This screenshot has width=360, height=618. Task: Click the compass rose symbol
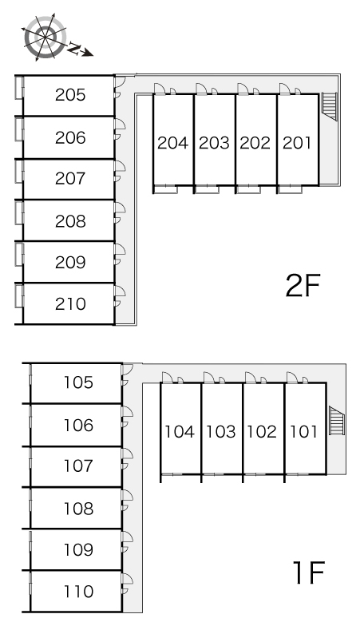(45, 38)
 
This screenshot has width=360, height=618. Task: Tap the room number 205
(70, 95)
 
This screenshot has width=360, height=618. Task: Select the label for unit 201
(297, 143)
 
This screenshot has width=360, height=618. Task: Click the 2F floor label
(303, 285)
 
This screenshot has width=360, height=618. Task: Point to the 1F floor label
(308, 572)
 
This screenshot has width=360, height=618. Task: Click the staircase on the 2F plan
(330, 106)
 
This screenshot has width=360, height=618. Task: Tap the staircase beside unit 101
(337, 421)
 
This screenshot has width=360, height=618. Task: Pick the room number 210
(70, 304)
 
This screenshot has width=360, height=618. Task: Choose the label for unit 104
(180, 432)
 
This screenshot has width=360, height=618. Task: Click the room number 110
(78, 591)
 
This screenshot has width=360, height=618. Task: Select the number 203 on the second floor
(214, 143)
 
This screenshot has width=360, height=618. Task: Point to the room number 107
(78, 465)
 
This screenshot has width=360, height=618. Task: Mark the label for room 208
(70, 221)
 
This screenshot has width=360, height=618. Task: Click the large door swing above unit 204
(160, 89)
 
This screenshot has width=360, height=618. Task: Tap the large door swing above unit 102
(251, 377)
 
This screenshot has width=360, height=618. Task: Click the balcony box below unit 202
(248, 189)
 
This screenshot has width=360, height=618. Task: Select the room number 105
(78, 382)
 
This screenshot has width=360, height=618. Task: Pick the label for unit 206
(70, 137)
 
